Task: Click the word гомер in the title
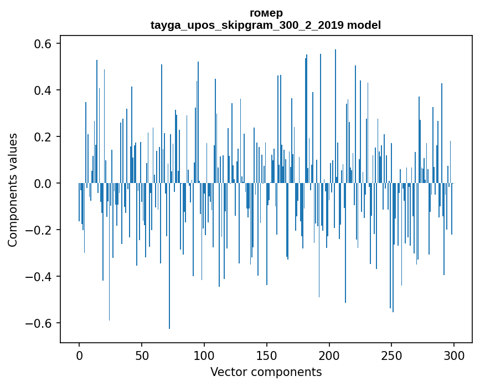pos(266,13)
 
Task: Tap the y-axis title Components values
pos(13,190)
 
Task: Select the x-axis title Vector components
pos(266,372)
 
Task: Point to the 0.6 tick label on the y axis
pos(44,43)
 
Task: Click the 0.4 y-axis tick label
pos(44,90)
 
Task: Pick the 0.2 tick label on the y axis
pos(44,136)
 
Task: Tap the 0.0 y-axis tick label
pos(44,183)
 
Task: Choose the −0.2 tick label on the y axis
pos(40,230)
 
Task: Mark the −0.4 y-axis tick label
pos(40,276)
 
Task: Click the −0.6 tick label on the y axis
pos(40,323)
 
